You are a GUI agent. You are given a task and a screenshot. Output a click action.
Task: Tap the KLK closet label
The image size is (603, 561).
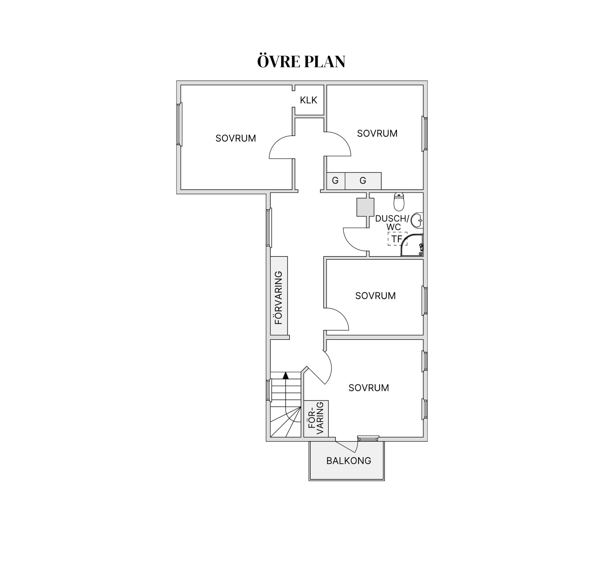308,100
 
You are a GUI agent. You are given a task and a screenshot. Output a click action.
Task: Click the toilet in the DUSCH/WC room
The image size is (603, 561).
399,202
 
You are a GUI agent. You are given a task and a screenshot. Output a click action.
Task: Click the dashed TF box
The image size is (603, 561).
397,239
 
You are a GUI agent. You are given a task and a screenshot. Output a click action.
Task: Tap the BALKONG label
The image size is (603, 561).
349,461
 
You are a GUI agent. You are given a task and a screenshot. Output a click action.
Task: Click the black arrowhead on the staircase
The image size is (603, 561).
285,375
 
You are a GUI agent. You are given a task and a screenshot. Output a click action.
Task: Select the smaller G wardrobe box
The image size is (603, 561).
336,181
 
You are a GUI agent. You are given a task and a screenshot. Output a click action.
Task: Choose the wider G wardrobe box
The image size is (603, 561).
363,181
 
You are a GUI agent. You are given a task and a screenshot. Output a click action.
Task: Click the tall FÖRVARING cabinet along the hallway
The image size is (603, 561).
279,296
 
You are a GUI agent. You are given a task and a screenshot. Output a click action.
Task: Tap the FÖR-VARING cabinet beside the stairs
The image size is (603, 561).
316,419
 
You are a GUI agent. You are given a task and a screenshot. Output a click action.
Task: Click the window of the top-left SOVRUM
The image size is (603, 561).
179,124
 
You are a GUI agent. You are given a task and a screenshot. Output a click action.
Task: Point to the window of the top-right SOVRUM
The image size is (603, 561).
425,133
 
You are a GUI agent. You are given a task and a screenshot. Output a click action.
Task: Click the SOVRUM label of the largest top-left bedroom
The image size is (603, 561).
236,138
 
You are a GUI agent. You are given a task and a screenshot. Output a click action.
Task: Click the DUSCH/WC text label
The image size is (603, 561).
393,223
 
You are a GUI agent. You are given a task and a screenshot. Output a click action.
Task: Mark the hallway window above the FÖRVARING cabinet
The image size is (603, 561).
269,228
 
